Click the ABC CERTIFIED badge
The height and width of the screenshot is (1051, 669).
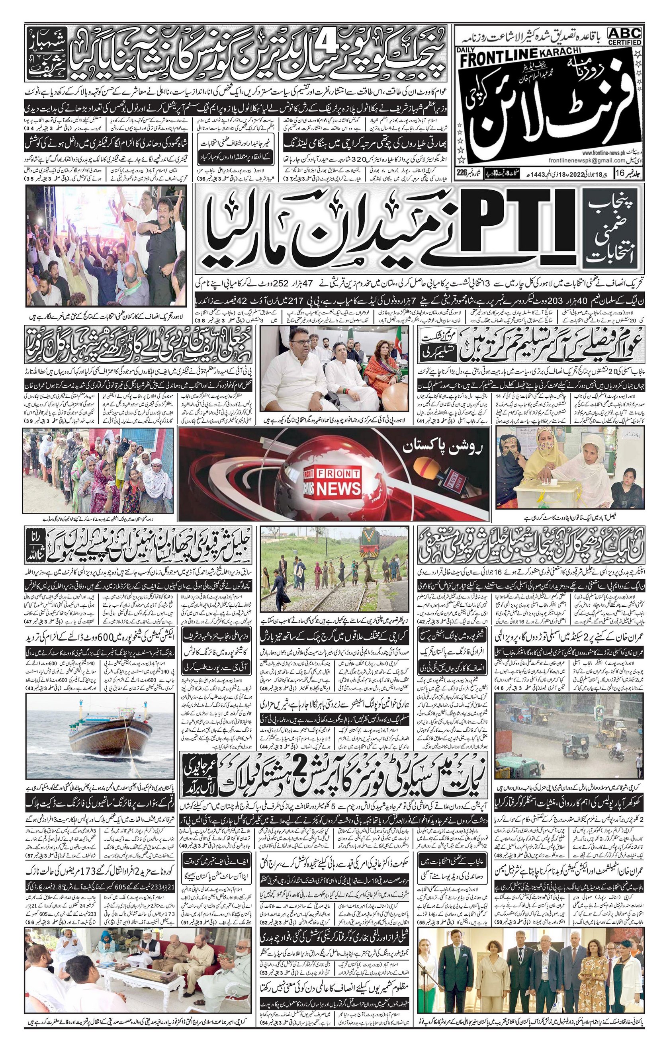(624, 36)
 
